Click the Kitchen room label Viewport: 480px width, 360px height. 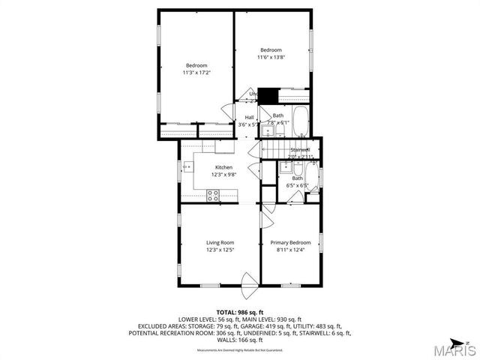223,167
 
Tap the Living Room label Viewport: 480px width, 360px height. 220,242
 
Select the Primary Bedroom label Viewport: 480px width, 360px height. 290,242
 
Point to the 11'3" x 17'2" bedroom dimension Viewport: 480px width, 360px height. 196,73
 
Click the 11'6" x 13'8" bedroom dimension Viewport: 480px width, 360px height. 271,58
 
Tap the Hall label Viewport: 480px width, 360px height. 249,117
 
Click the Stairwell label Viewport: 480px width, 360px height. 300,150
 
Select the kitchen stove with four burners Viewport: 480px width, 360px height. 213,196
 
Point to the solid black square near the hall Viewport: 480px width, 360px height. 268,97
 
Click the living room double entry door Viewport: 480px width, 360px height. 248,286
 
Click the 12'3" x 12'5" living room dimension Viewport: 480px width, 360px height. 220,250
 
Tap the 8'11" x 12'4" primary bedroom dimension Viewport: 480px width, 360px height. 290,250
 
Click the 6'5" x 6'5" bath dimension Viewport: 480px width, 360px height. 298,185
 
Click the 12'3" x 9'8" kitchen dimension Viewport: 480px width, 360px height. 223,175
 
